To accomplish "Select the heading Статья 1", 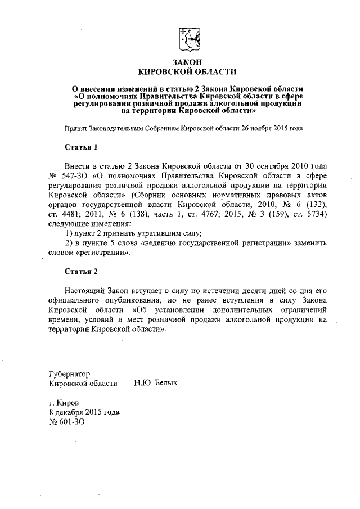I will [x=81, y=148].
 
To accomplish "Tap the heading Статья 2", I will [x=81, y=272].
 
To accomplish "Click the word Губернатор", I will [x=70, y=373].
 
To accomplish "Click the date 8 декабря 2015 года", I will [x=84, y=412].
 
